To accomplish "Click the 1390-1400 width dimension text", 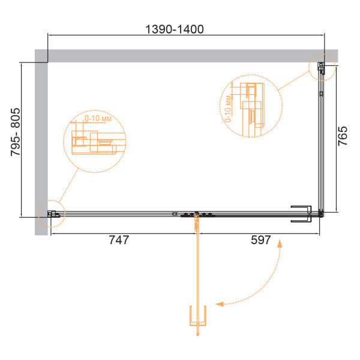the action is (175, 29).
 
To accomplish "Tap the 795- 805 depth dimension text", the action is (16, 132).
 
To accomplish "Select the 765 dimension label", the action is (343, 136).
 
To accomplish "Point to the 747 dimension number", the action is (119, 240).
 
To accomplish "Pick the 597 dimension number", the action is (261, 240).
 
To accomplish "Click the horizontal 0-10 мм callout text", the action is (98, 118).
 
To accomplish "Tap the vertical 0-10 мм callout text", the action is (228, 109).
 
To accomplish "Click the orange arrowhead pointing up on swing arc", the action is (280, 244).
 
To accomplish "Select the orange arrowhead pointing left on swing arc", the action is (220, 304).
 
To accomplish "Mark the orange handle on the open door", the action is (197, 316).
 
